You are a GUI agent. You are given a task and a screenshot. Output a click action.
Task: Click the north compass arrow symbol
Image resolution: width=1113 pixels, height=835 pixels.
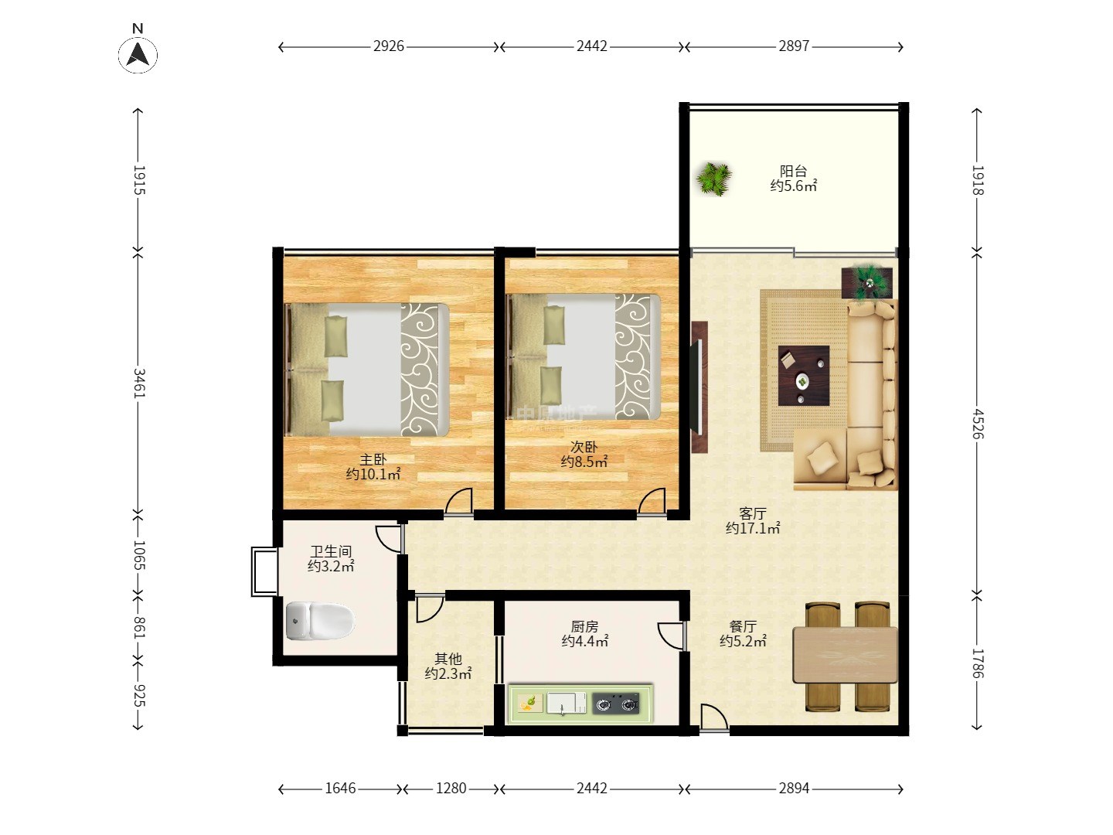pyautogui.click(x=138, y=55)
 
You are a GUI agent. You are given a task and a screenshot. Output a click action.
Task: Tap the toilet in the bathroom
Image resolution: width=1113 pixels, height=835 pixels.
pyautogui.click(x=319, y=620)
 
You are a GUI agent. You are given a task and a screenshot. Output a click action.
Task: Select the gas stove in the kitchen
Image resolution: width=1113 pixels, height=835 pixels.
pyautogui.click(x=616, y=704)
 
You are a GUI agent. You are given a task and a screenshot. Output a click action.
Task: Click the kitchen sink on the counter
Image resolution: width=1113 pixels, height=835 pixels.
pyautogui.click(x=566, y=704)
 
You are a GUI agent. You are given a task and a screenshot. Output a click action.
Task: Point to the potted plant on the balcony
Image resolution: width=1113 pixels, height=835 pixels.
pyautogui.click(x=714, y=179)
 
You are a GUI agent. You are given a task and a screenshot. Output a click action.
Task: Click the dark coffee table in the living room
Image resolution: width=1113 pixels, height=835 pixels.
pyautogui.click(x=804, y=376)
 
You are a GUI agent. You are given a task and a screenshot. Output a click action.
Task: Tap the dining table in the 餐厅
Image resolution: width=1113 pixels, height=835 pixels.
pyautogui.click(x=846, y=655)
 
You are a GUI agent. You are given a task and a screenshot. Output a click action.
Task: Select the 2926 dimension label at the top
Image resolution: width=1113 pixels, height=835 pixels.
pyautogui.click(x=389, y=46)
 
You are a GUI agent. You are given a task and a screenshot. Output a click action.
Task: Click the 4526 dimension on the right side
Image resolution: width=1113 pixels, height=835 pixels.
pyautogui.click(x=978, y=424)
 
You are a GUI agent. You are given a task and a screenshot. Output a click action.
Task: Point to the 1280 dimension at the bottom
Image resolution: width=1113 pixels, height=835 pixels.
pyautogui.click(x=451, y=789)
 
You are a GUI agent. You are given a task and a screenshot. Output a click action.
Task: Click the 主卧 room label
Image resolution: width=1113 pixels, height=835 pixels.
pyautogui.click(x=373, y=460)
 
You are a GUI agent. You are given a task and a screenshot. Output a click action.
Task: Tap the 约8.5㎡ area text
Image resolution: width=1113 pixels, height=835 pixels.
pyautogui.click(x=584, y=462)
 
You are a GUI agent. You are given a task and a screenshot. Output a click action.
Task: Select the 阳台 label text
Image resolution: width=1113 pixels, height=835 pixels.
pyautogui.click(x=794, y=171)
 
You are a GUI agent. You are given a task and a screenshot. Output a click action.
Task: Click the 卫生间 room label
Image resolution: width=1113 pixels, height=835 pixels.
pyautogui.click(x=331, y=551)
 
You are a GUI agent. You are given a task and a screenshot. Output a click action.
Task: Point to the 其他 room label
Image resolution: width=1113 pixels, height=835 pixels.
pyautogui.click(x=448, y=659)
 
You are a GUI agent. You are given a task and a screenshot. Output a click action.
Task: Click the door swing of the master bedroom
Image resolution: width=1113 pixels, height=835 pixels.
pyautogui.click(x=459, y=502)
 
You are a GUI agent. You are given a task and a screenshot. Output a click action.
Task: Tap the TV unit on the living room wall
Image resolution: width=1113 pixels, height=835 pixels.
pyautogui.click(x=699, y=387)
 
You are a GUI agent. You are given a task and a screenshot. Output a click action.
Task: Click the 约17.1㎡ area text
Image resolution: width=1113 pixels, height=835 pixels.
pyautogui.click(x=753, y=528)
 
